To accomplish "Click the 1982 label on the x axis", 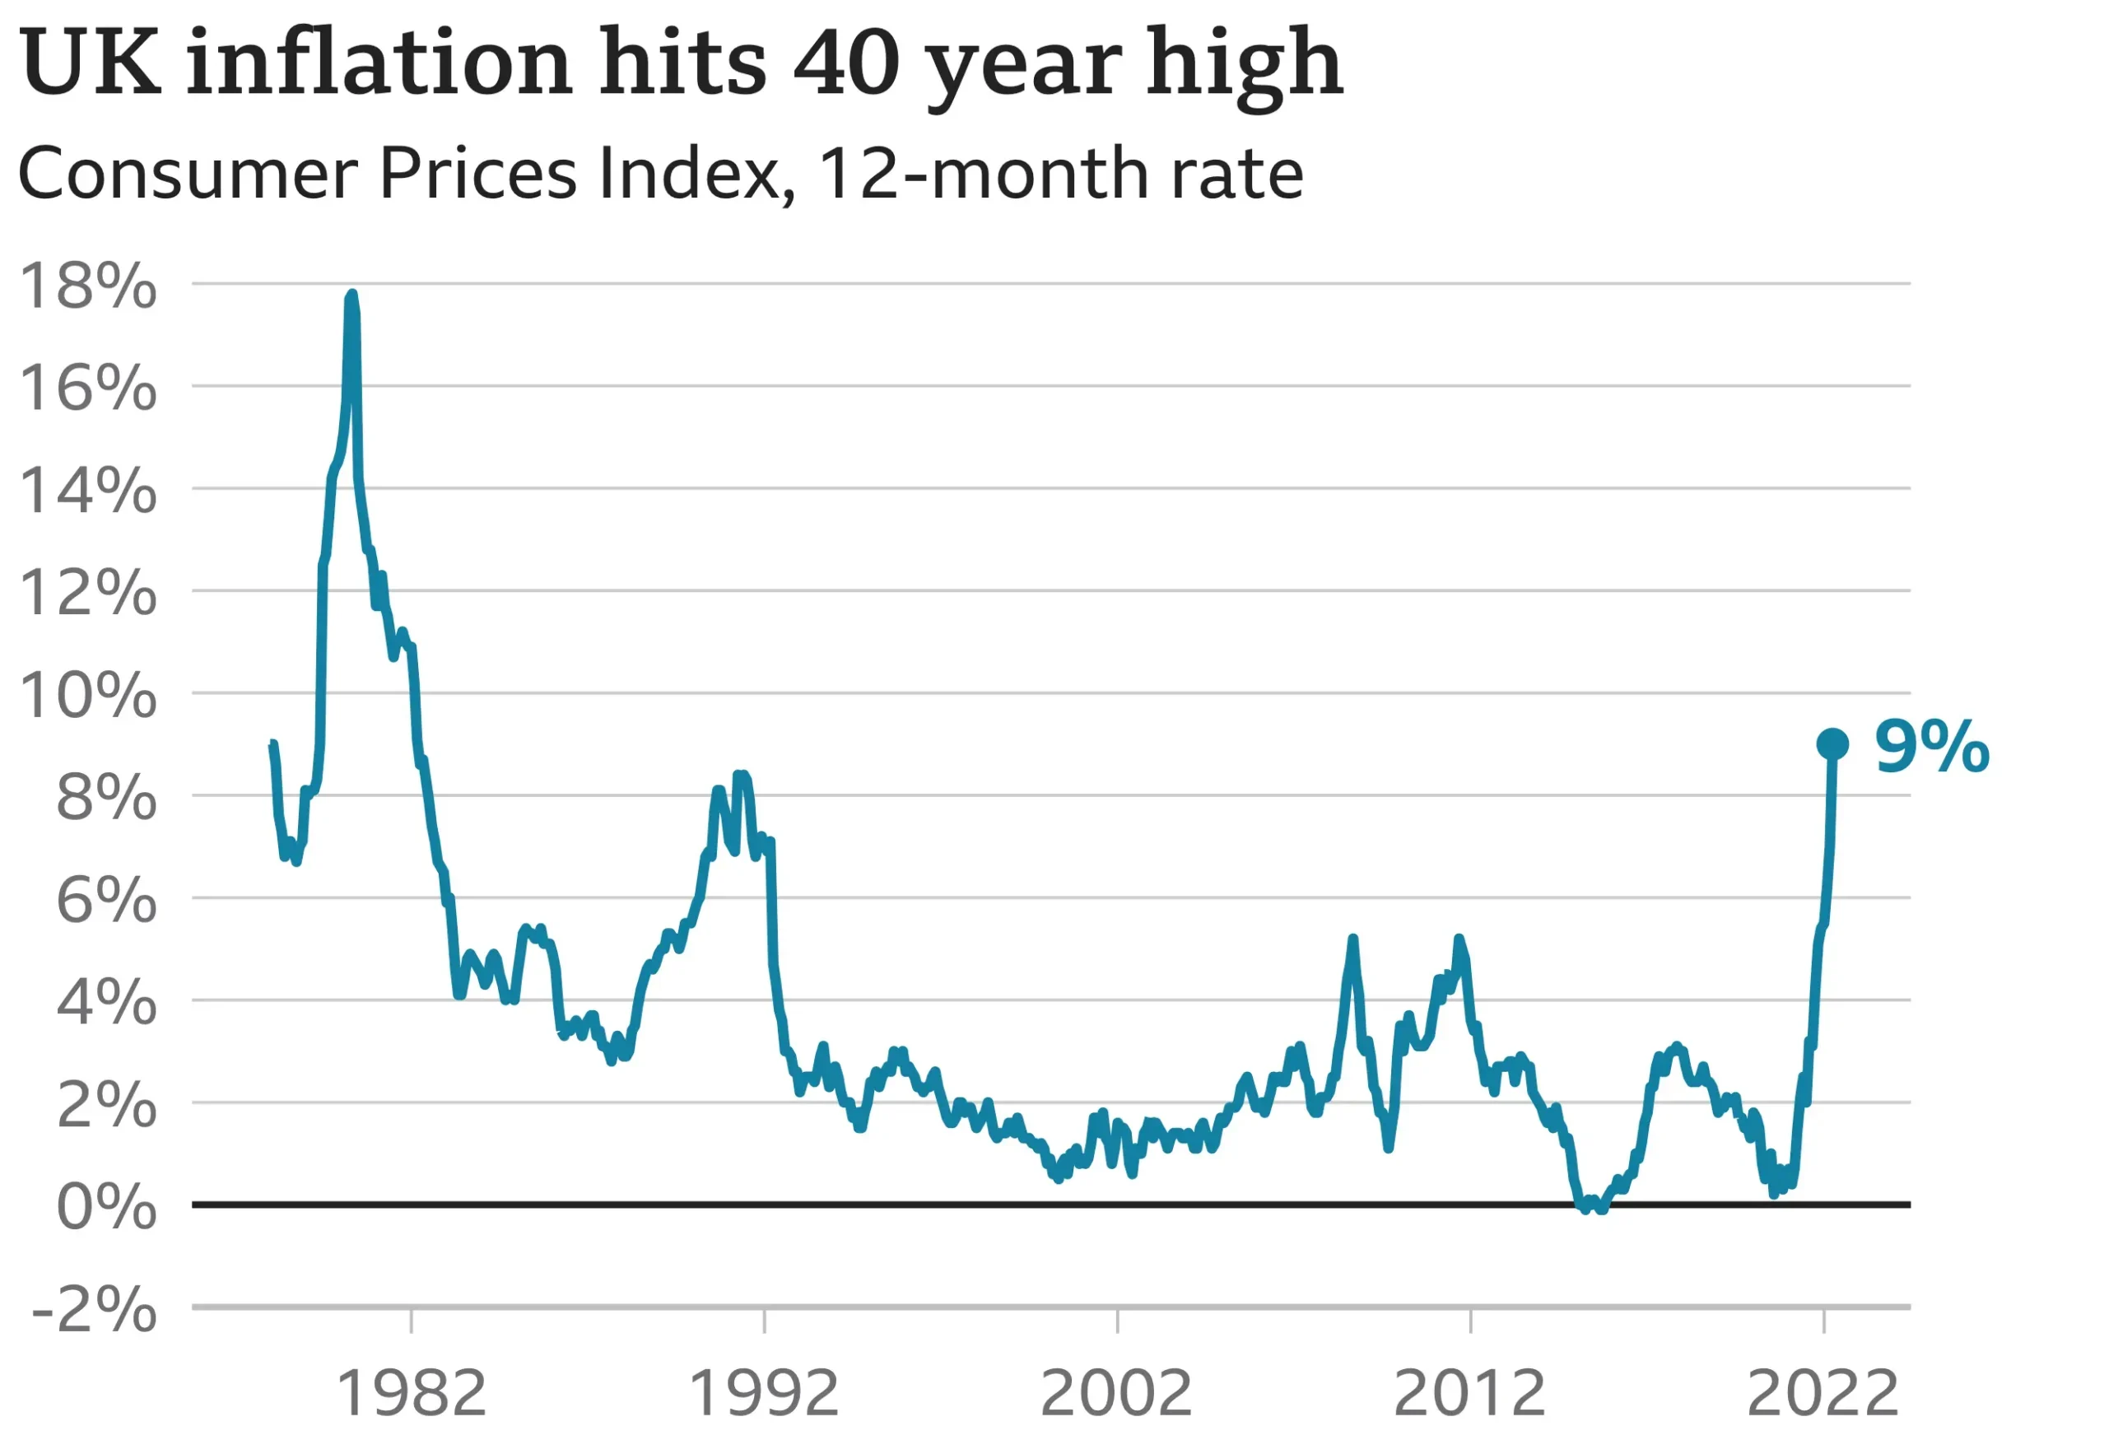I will [412, 1393].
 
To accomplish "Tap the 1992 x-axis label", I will [763, 1393].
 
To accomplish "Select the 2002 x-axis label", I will [1117, 1393].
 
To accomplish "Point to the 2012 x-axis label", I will [1469, 1393].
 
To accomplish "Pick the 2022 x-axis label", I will [1822, 1393].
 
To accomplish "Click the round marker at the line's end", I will [1832, 744].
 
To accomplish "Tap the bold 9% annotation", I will [1931, 746].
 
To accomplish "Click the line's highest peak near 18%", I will [351, 296].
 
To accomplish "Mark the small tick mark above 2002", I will [1117, 1321].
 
